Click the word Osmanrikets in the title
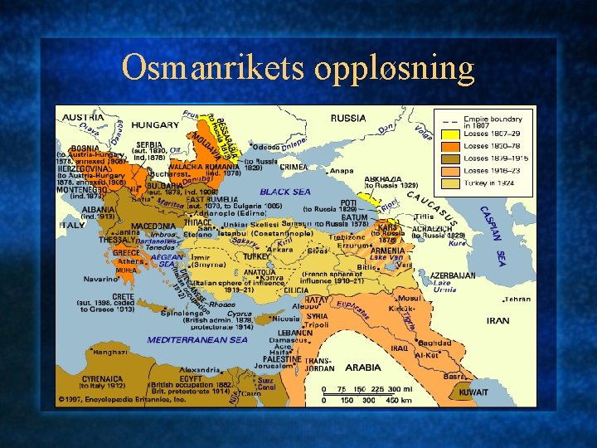[214, 67]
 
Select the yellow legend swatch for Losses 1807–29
[450, 134]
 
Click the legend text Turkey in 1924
[488, 182]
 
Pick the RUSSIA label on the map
[347, 119]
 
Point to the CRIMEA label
[292, 167]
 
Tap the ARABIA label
[362, 367]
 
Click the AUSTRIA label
[83, 117]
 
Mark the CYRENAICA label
[102, 377]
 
